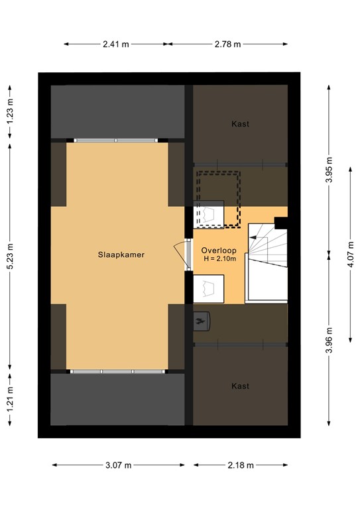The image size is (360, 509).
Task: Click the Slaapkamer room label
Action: click(121, 254)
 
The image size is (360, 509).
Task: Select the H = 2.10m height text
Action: click(215, 258)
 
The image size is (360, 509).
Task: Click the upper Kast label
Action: click(240, 124)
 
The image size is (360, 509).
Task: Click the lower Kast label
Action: click(240, 386)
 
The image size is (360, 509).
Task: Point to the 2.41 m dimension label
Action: click(115, 44)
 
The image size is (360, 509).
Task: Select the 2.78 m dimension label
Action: click(227, 44)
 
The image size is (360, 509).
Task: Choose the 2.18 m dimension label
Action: click(240, 465)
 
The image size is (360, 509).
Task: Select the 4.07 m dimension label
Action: click(349, 254)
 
